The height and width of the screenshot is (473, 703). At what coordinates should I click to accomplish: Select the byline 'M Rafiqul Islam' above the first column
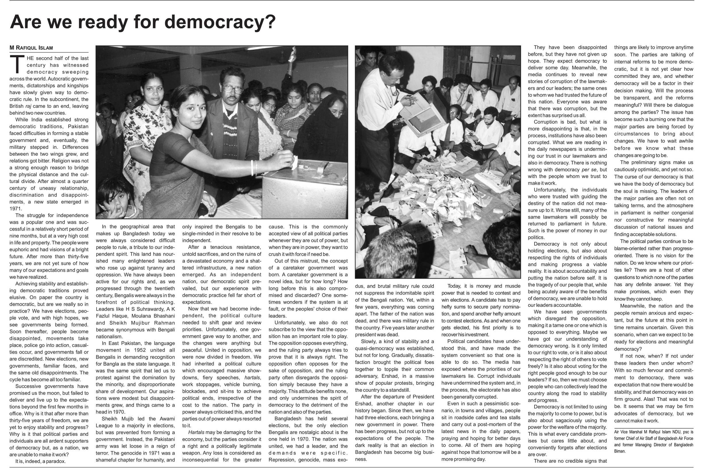coord(31,48)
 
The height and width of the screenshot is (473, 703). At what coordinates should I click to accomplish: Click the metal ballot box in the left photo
coord(305,190)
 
